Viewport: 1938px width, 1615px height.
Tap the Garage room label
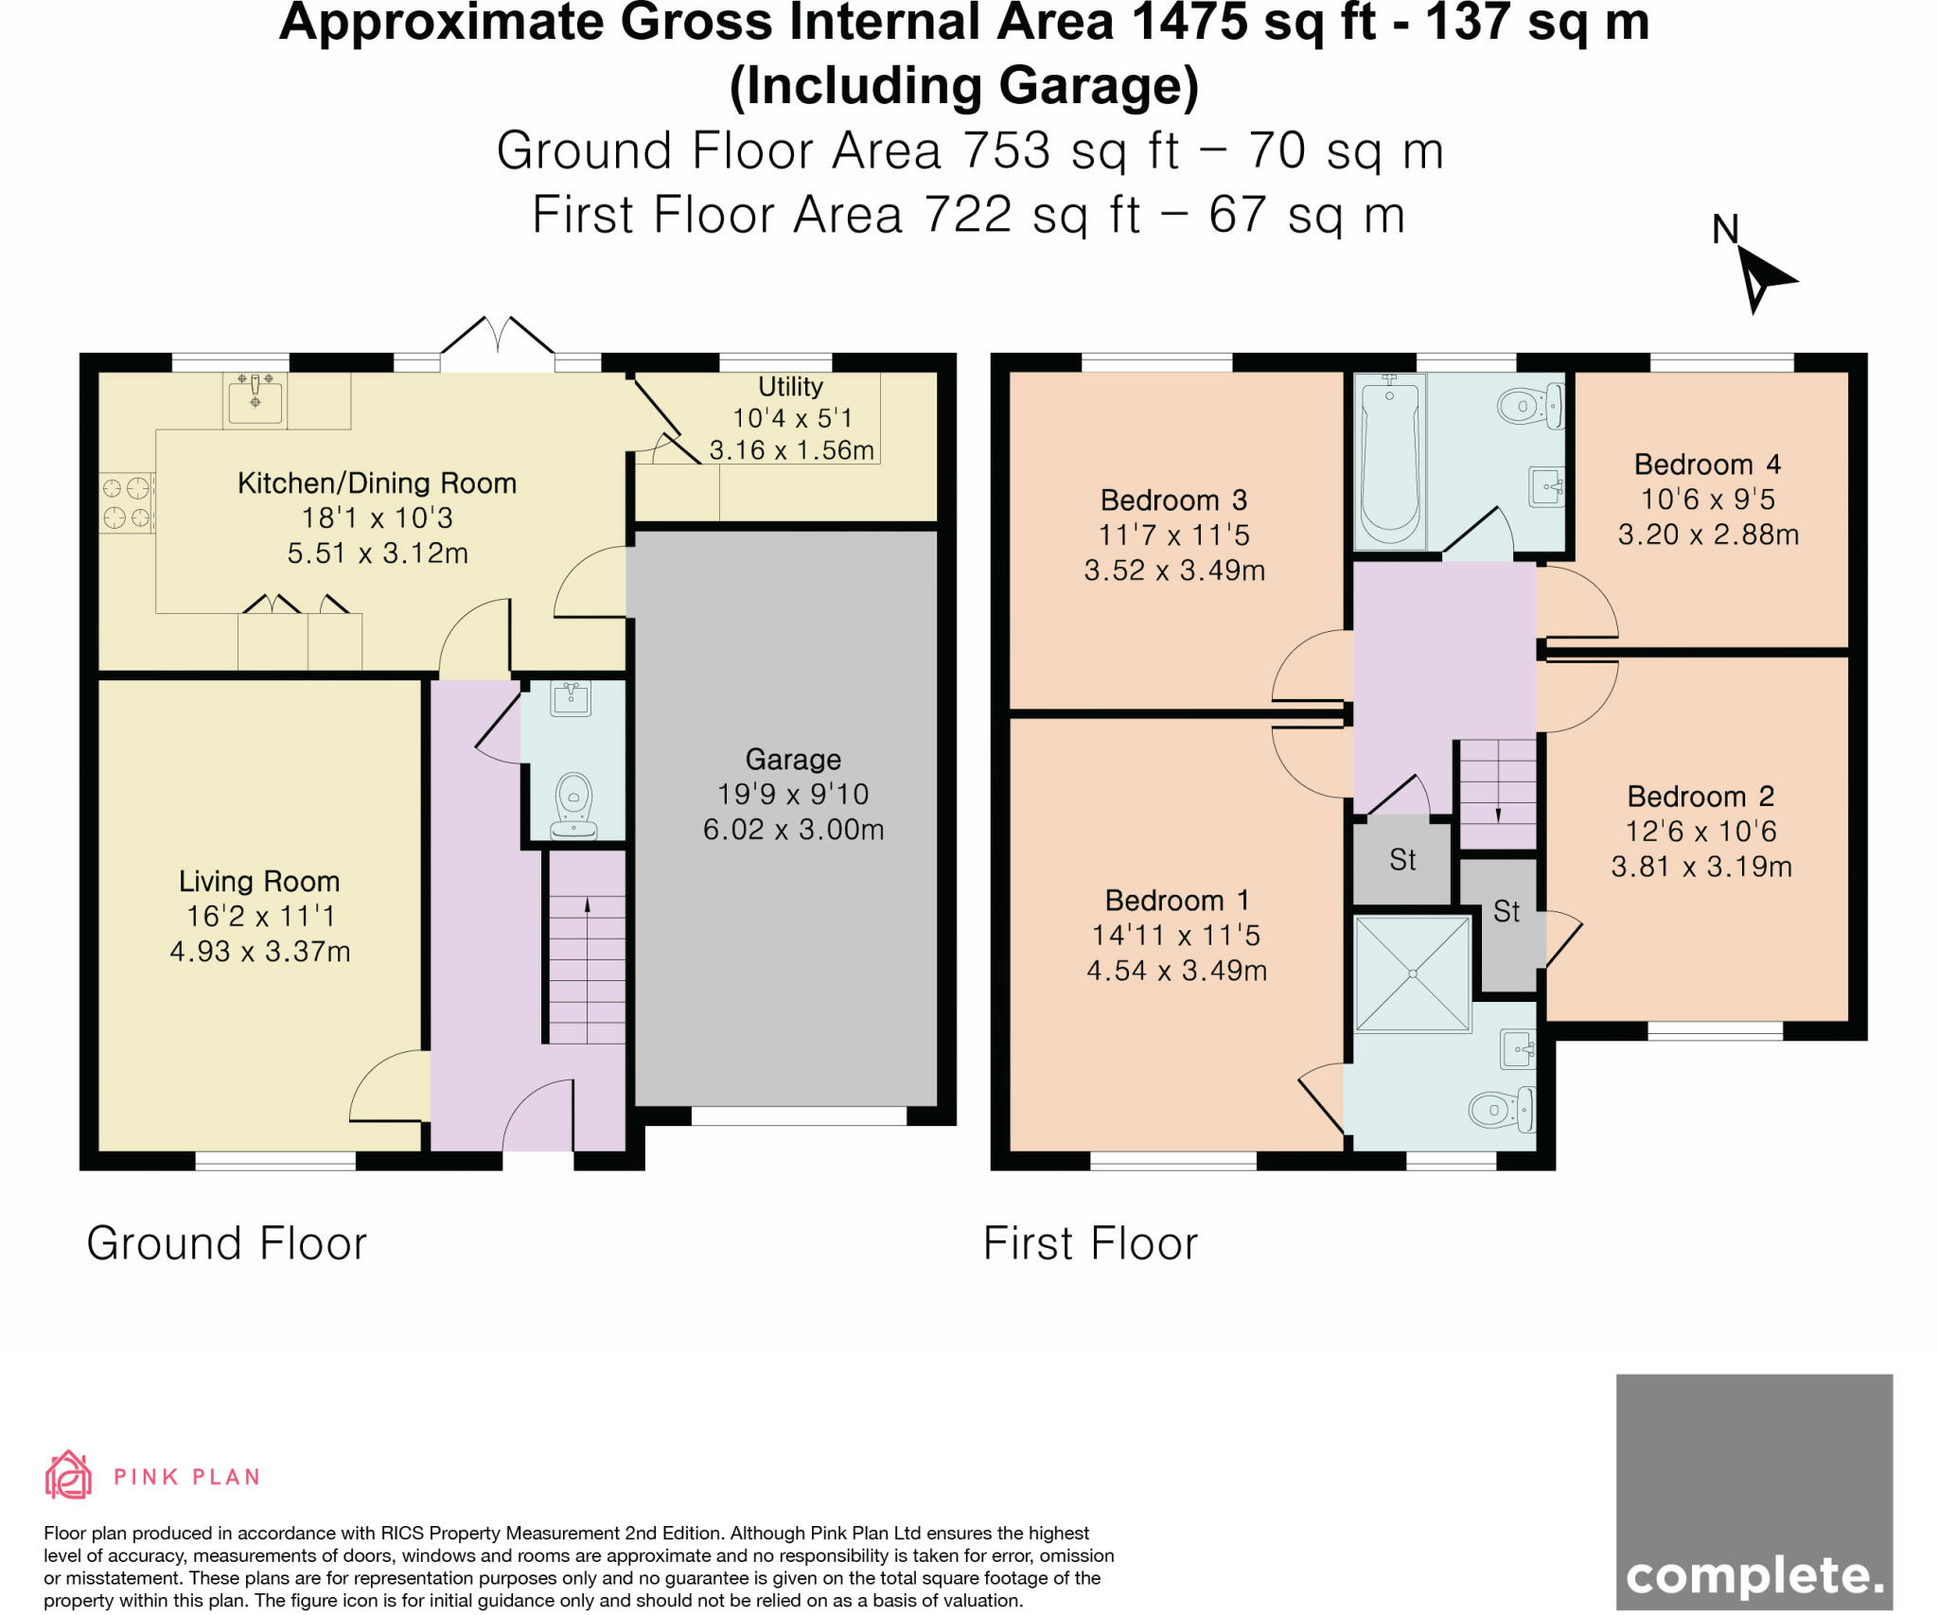tap(793, 760)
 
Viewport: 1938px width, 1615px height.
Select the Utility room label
tap(790, 387)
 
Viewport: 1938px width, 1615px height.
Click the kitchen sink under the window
tap(255, 398)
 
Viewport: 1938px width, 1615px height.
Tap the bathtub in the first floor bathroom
tap(1390, 461)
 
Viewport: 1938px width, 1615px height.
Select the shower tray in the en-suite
tap(1413, 974)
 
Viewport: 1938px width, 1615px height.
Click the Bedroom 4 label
tap(1707, 465)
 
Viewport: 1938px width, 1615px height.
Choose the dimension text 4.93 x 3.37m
tap(260, 951)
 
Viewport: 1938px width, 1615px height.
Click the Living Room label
tap(259, 882)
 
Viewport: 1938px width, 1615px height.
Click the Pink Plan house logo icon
tap(68, 1475)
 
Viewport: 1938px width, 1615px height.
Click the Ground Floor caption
tap(226, 1243)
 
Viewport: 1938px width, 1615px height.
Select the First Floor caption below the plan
tap(1090, 1243)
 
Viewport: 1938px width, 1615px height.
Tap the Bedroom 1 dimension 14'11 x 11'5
tap(1176, 936)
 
